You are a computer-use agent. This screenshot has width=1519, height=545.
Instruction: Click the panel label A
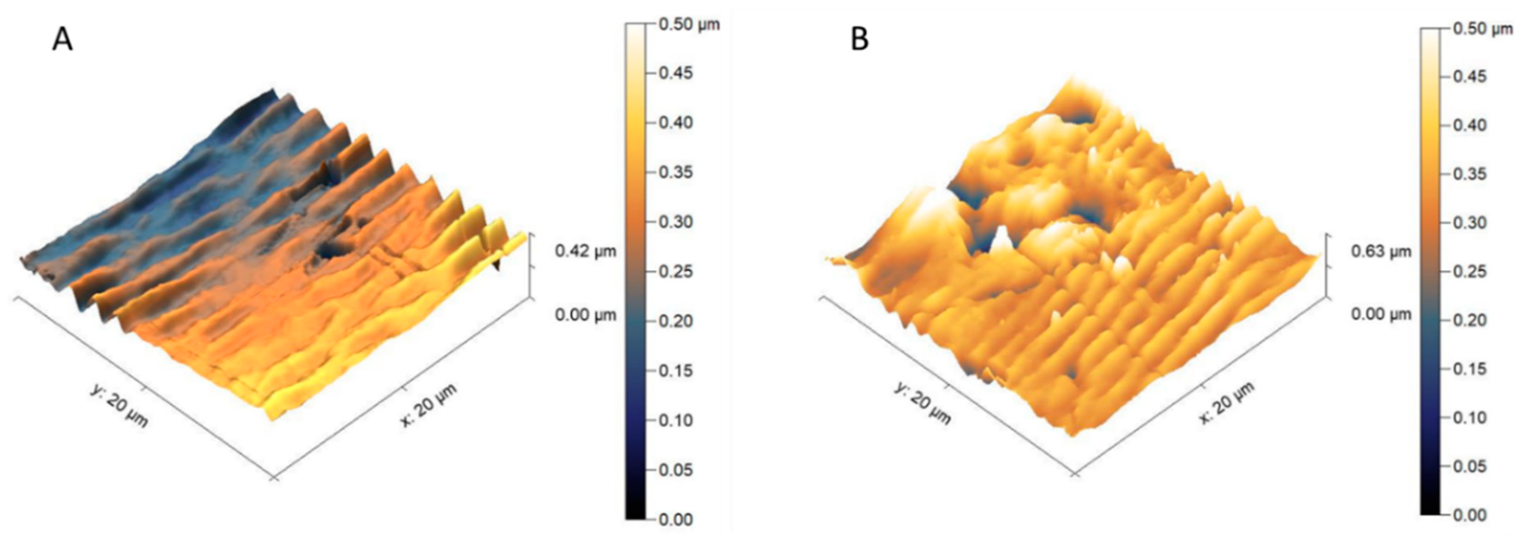click(x=63, y=40)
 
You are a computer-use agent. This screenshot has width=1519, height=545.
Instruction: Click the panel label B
click(x=860, y=40)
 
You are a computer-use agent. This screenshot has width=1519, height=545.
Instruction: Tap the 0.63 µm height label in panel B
click(x=1381, y=252)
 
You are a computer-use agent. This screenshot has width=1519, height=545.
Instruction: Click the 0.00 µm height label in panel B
click(x=1381, y=314)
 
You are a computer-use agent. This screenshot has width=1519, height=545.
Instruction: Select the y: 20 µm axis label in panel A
click(x=120, y=405)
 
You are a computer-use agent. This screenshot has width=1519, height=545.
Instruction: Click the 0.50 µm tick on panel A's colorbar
click(x=688, y=25)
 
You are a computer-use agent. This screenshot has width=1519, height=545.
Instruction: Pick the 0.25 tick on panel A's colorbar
click(x=675, y=272)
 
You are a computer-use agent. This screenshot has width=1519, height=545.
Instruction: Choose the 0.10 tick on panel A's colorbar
click(x=675, y=421)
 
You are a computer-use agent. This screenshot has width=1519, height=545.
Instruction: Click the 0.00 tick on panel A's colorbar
click(x=675, y=520)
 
